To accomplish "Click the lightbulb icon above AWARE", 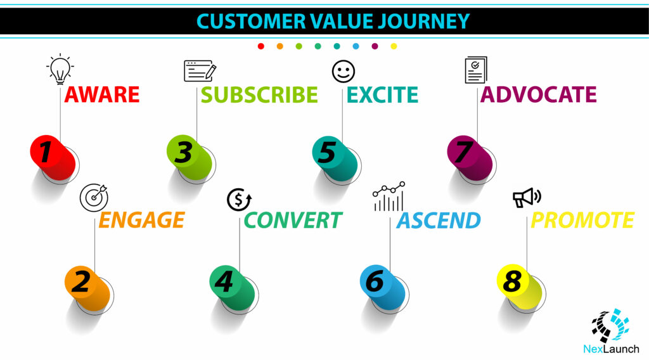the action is (x=60, y=68).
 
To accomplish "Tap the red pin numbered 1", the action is (x=53, y=158).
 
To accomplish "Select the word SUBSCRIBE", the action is (x=259, y=95).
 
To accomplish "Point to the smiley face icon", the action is (x=344, y=71).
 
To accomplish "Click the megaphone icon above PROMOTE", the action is (x=527, y=197).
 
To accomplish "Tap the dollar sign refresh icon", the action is (x=239, y=200).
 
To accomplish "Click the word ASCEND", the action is (x=439, y=220).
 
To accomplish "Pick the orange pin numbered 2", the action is (x=87, y=288).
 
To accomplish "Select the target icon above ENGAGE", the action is (x=94, y=197).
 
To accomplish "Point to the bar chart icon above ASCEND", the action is (x=389, y=196).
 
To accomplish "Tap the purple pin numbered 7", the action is (x=470, y=158).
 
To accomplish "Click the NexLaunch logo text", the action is (x=611, y=349).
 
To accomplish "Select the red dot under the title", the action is (x=260, y=46).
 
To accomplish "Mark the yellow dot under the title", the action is (x=394, y=46).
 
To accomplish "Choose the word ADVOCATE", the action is (x=539, y=95).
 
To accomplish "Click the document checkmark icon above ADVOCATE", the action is (x=476, y=70).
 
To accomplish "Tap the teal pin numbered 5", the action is (x=335, y=158).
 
